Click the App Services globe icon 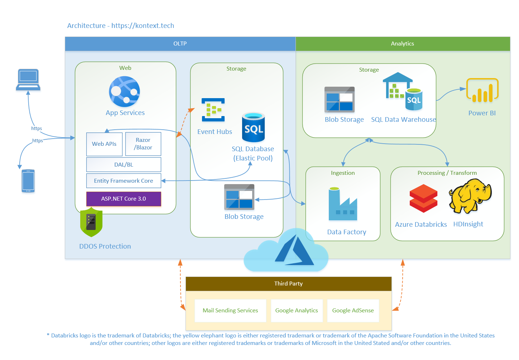tap(124, 91)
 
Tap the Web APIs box tap(104, 144)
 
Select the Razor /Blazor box tap(143, 144)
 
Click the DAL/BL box tap(124, 164)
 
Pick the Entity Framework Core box tap(124, 181)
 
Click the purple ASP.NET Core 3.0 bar tap(124, 199)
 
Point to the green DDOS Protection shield tap(91, 222)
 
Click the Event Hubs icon tap(213, 110)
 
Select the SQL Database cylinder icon tap(253, 127)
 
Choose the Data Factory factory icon tap(343, 204)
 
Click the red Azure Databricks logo tap(423, 198)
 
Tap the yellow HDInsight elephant tap(470, 196)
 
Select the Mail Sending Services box tap(230, 311)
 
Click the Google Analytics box tap(297, 311)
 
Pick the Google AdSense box tap(353, 311)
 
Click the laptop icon tap(28, 80)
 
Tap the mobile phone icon tap(28, 181)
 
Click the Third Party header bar tap(288, 284)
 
